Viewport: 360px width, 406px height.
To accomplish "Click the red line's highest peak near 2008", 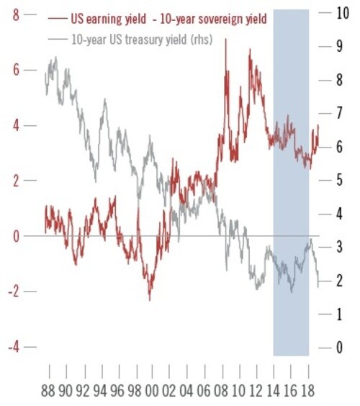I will [226, 39].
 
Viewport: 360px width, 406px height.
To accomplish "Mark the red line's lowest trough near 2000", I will [150, 299].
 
